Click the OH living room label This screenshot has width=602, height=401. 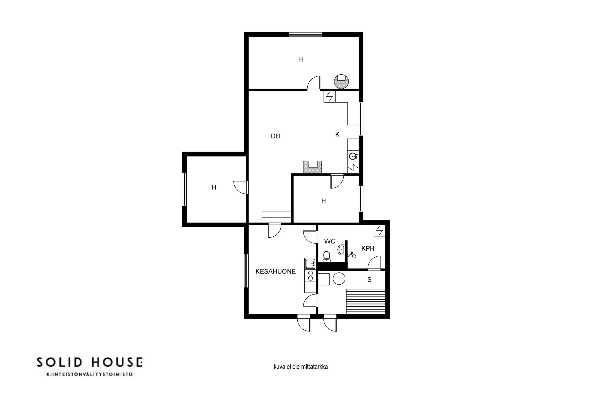pyautogui.click(x=275, y=136)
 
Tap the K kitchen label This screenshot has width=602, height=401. pyautogui.click(x=337, y=135)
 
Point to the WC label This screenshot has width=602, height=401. pyautogui.click(x=330, y=241)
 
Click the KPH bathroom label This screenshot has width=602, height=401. pyautogui.click(x=368, y=248)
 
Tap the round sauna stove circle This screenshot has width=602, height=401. pyautogui.click(x=339, y=278)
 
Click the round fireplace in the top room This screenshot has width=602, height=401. pyautogui.click(x=341, y=82)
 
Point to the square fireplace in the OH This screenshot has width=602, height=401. pyautogui.click(x=312, y=167)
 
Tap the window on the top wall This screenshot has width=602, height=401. pyautogui.click(x=305, y=34)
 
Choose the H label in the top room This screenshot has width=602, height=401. pyautogui.click(x=301, y=60)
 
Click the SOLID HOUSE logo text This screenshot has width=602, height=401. pyautogui.click(x=89, y=362)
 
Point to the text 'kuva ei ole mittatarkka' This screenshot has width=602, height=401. pyautogui.click(x=301, y=367)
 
